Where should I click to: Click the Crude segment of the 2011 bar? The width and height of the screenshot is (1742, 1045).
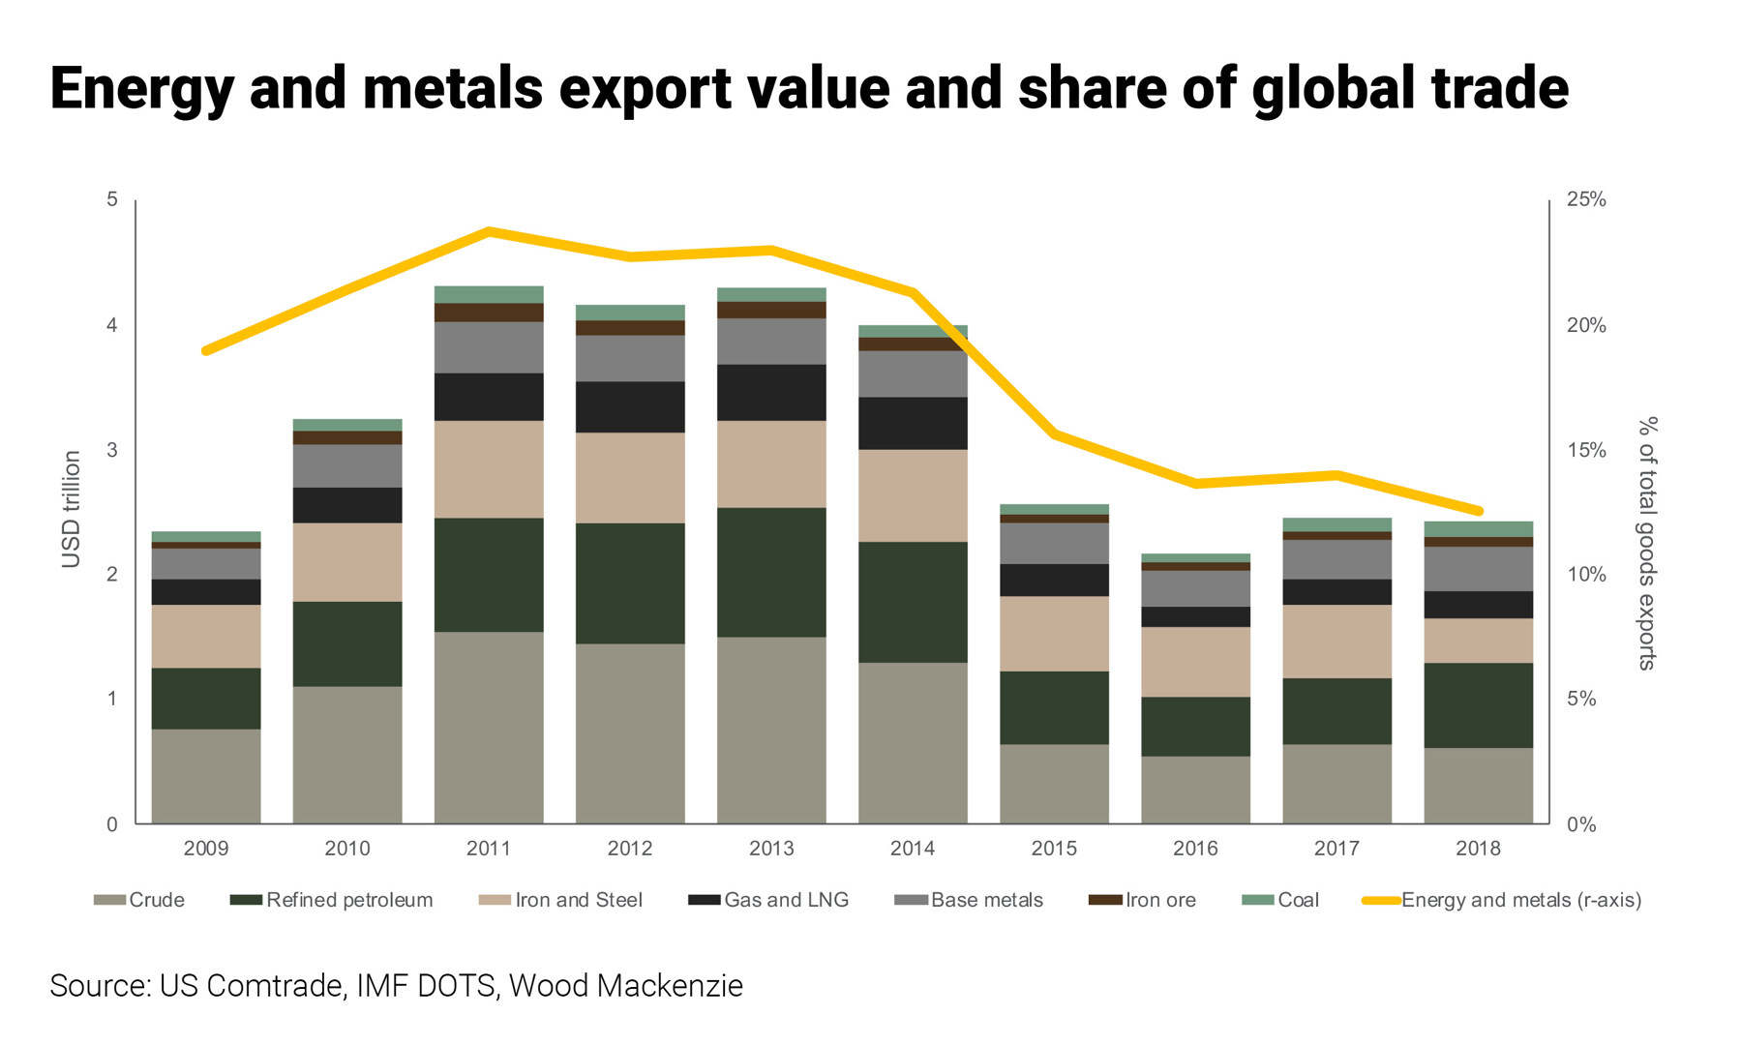pyautogui.click(x=489, y=728)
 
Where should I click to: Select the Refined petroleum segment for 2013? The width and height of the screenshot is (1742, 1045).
pyautogui.click(x=771, y=572)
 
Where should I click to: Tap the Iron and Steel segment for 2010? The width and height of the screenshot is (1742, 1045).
pyautogui.click(x=347, y=562)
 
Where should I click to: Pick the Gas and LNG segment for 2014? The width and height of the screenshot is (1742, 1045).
pyautogui.click(x=913, y=423)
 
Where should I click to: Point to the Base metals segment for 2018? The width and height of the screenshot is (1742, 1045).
pyautogui.click(x=1478, y=569)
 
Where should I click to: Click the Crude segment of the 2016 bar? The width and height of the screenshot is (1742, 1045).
pyautogui.click(x=1195, y=790)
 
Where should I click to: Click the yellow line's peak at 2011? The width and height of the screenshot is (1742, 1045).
pyautogui.click(x=489, y=231)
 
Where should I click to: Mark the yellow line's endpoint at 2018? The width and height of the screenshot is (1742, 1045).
pyautogui.click(x=1478, y=511)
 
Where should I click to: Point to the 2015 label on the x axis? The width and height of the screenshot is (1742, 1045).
pyautogui.click(x=1054, y=849)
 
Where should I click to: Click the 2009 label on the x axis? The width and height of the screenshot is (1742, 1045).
pyautogui.click(x=206, y=849)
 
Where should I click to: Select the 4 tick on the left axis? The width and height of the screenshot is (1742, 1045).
pyautogui.click(x=112, y=325)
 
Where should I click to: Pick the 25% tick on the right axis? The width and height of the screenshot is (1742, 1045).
pyautogui.click(x=1586, y=199)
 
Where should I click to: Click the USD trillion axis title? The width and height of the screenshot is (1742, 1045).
pyautogui.click(x=72, y=510)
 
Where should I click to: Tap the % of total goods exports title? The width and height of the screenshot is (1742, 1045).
pyautogui.click(x=1646, y=543)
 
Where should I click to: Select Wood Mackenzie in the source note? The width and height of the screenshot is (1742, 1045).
pyautogui.click(x=626, y=985)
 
